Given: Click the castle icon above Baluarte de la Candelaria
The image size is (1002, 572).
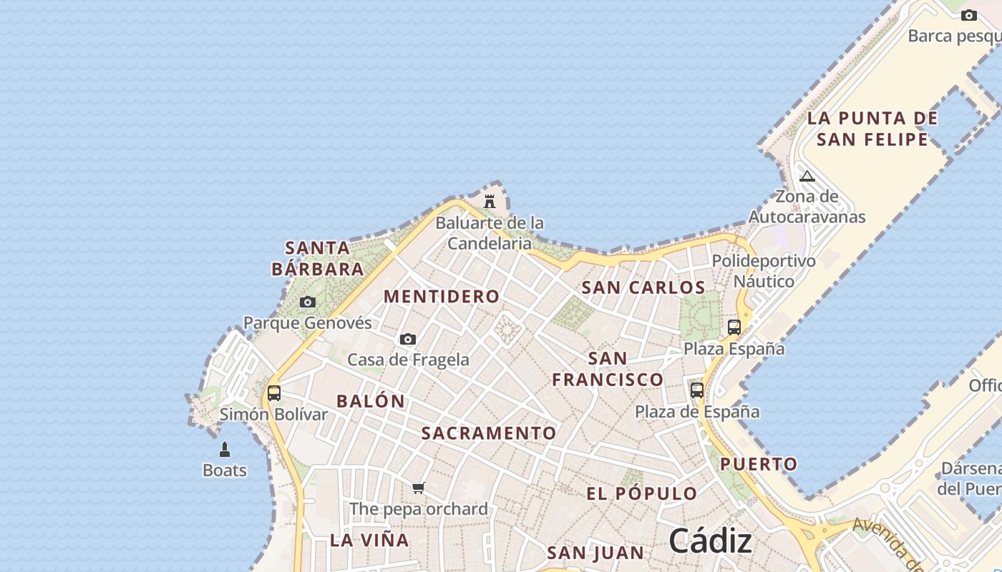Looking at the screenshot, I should click(490, 202).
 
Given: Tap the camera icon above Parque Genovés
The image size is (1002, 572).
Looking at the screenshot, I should click(308, 302).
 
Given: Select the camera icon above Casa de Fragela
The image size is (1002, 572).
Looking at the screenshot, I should click(408, 339).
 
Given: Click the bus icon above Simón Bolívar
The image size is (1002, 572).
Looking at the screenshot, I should click(274, 393).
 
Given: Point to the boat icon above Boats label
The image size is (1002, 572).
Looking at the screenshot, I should click(225, 450).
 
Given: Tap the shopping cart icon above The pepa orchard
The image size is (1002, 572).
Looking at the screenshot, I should click(419, 488).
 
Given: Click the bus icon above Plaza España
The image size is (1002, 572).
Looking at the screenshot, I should click(734, 327).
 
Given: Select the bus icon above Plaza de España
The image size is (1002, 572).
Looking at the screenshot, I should click(697, 390).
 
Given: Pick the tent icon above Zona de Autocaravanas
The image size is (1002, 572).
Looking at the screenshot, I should click(807, 176).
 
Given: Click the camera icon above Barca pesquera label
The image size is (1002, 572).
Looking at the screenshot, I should click(969, 15).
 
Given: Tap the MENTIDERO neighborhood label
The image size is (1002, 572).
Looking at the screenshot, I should click(442, 296).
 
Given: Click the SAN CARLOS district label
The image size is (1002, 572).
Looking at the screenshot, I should click(643, 287).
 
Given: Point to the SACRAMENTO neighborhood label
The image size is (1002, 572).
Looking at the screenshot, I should click(489, 433).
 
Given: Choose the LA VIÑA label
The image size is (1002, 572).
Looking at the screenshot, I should click(369, 540).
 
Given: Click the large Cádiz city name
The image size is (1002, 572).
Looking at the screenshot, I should click(711, 541).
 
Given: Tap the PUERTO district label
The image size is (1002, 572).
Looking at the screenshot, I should click(759, 464).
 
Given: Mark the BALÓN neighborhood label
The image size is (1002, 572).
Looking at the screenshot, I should click(371, 401).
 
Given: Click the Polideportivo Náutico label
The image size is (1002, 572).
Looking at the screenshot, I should click(764, 271).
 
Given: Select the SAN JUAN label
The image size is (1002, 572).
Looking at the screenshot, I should click(595, 553).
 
